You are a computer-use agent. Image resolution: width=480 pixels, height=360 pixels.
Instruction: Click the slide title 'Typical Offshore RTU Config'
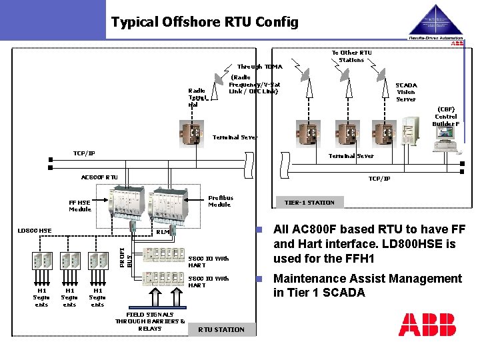[205, 23]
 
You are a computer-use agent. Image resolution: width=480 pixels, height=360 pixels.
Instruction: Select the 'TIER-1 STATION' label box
[309, 203]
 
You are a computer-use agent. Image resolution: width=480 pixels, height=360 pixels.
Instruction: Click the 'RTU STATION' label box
[221, 329]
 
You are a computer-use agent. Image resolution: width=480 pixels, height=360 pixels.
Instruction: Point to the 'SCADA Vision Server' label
[406, 92]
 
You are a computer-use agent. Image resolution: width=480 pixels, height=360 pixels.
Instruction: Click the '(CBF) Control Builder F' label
[446, 116]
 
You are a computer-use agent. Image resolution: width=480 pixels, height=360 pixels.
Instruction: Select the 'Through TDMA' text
[259, 67]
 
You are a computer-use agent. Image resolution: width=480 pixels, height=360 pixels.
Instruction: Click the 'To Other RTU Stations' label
[351, 56]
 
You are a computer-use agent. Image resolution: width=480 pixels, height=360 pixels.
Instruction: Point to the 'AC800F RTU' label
[99, 177]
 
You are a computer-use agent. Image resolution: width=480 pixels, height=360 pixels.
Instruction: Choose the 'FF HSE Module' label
[80, 205]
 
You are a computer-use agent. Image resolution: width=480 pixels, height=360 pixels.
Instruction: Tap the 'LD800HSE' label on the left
[34, 231]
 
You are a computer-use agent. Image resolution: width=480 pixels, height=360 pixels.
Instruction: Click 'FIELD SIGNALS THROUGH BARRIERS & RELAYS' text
[150, 321]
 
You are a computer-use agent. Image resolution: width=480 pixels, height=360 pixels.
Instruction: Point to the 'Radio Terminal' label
[197, 97]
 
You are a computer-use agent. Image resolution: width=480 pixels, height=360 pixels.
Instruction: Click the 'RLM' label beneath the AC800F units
[163, 233]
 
